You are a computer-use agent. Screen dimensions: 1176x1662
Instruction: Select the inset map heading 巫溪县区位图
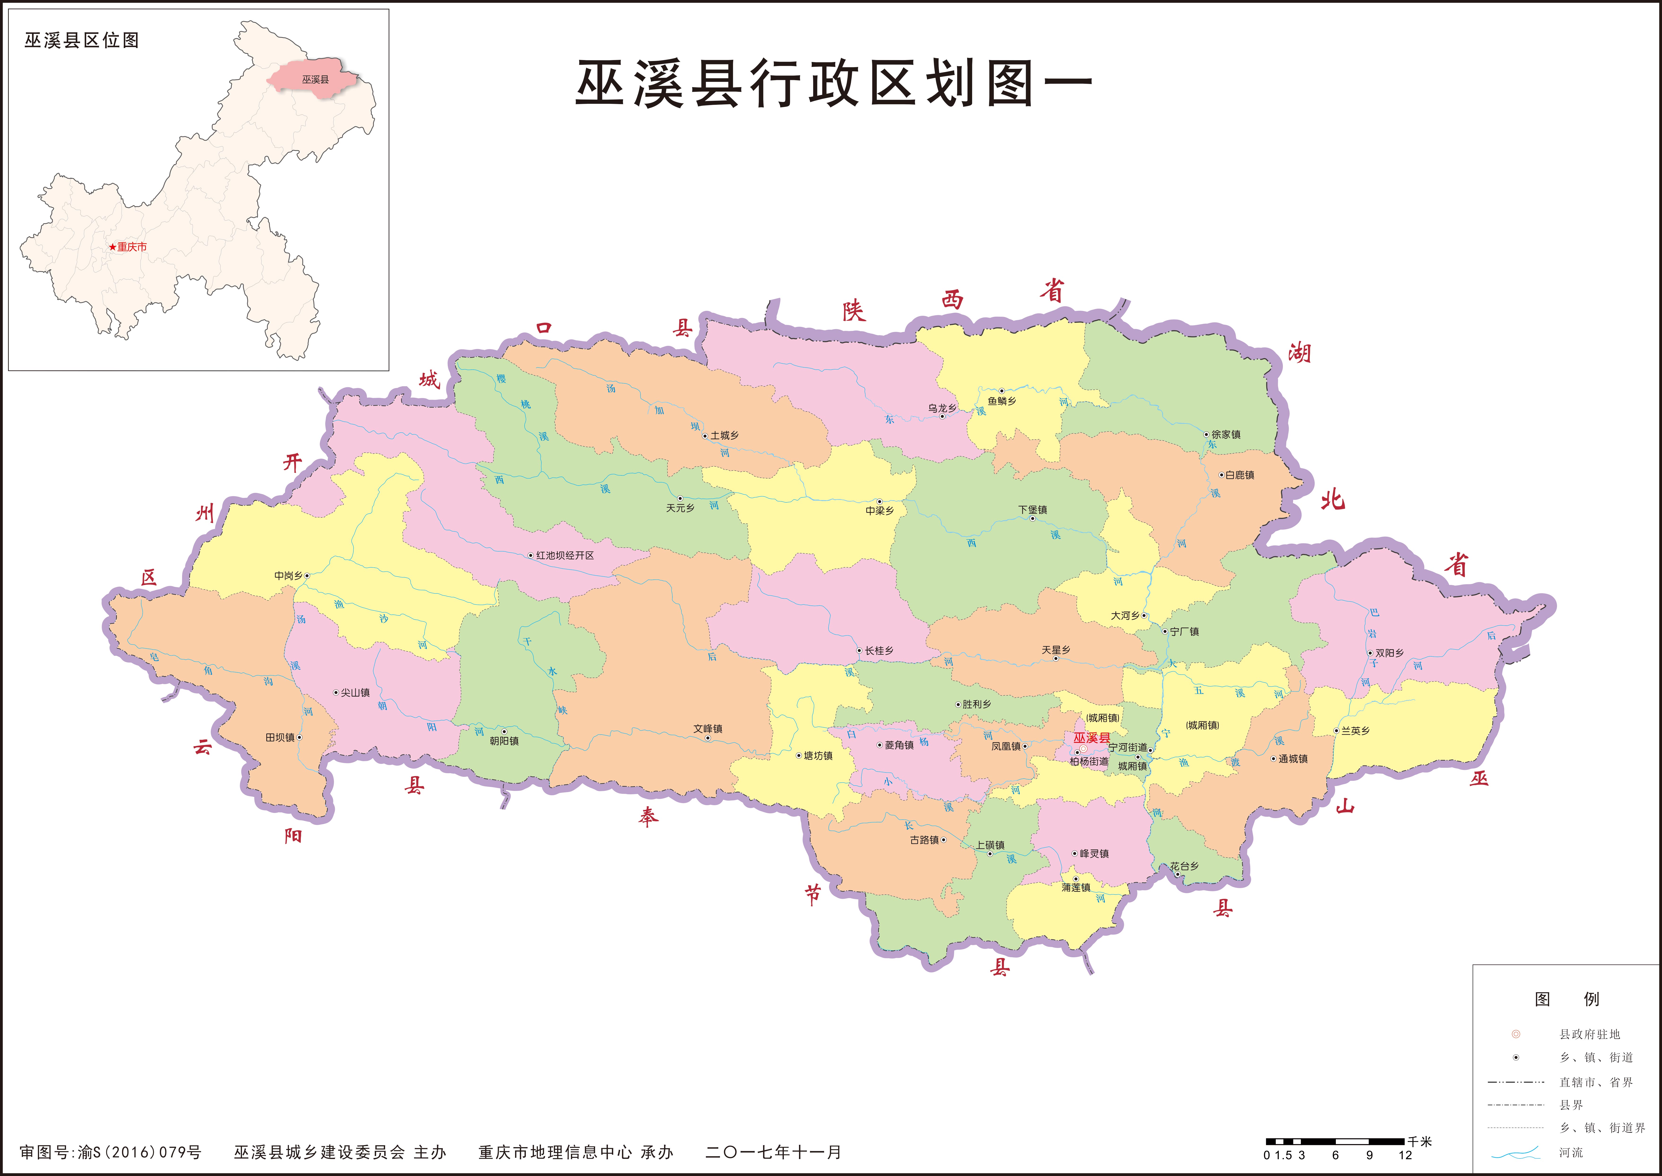tap(82, 40)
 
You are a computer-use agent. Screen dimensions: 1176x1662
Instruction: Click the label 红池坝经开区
tap(565, 555)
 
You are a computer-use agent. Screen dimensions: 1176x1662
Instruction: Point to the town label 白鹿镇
tap(1240, 475)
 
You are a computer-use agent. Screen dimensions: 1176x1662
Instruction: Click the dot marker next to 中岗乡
tap(307, 576)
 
